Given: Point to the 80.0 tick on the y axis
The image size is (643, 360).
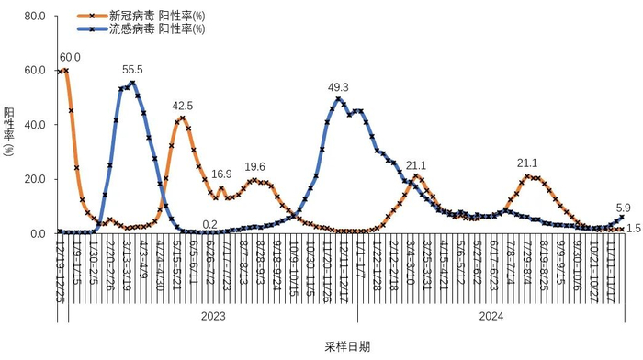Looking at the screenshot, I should [x=34, y=17].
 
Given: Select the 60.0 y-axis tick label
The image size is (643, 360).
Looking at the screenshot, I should [x=34, y=71].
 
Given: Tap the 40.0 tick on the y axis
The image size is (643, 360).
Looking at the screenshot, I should [x=34, y=125].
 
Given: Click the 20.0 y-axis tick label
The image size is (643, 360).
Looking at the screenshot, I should [x=34, y=179].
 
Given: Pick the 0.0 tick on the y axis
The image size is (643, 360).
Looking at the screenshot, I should [x=37, y=233].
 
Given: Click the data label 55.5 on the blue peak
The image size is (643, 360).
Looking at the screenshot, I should [x=132, y=70].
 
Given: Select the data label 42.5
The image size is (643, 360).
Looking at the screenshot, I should [x=184, y=106].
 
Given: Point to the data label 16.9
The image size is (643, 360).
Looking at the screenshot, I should [x=221, y=174].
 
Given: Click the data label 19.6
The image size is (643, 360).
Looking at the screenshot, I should [x=254, y=166].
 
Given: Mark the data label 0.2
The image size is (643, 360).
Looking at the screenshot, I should [x=209, y=224].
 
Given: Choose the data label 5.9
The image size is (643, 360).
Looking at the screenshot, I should [x=623, y=207].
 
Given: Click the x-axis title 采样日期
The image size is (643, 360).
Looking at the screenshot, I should [x=346, y=346].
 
